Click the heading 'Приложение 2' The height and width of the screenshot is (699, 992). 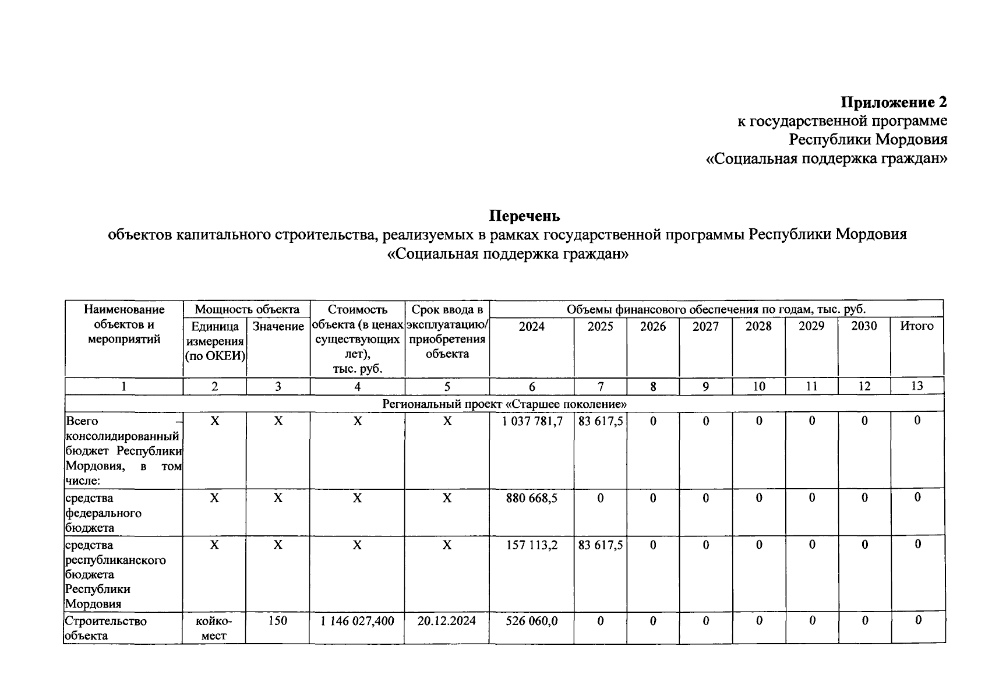(x=894, y=103)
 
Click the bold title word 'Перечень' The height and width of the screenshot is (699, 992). (x=524, y=216)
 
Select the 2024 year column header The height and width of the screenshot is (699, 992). (x=531, y=326)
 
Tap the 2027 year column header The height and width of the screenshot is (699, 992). (x=705, y=326)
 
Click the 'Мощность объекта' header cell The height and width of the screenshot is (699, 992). (x=246, y=309)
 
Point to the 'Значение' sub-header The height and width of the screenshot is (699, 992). (x=278, y=327)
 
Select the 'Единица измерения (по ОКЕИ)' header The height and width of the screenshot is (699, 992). (x=214, y=341)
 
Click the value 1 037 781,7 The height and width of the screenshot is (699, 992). (x=532, y=421)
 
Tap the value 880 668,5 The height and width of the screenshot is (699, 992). (x=532, y=498)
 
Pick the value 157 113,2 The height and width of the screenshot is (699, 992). (x=532, y=545)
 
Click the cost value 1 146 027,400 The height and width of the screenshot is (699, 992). (x=357, y=621)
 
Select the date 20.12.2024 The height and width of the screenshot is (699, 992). (x=446, y=621)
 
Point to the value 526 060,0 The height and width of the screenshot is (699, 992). (x=532, y=621)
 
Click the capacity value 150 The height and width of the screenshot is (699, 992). (x=277, y=621)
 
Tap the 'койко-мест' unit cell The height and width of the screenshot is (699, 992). (x=214, y=628)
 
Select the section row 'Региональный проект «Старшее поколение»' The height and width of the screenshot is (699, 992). (x=504, y=404)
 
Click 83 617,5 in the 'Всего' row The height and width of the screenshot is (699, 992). (x=600, y=421)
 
